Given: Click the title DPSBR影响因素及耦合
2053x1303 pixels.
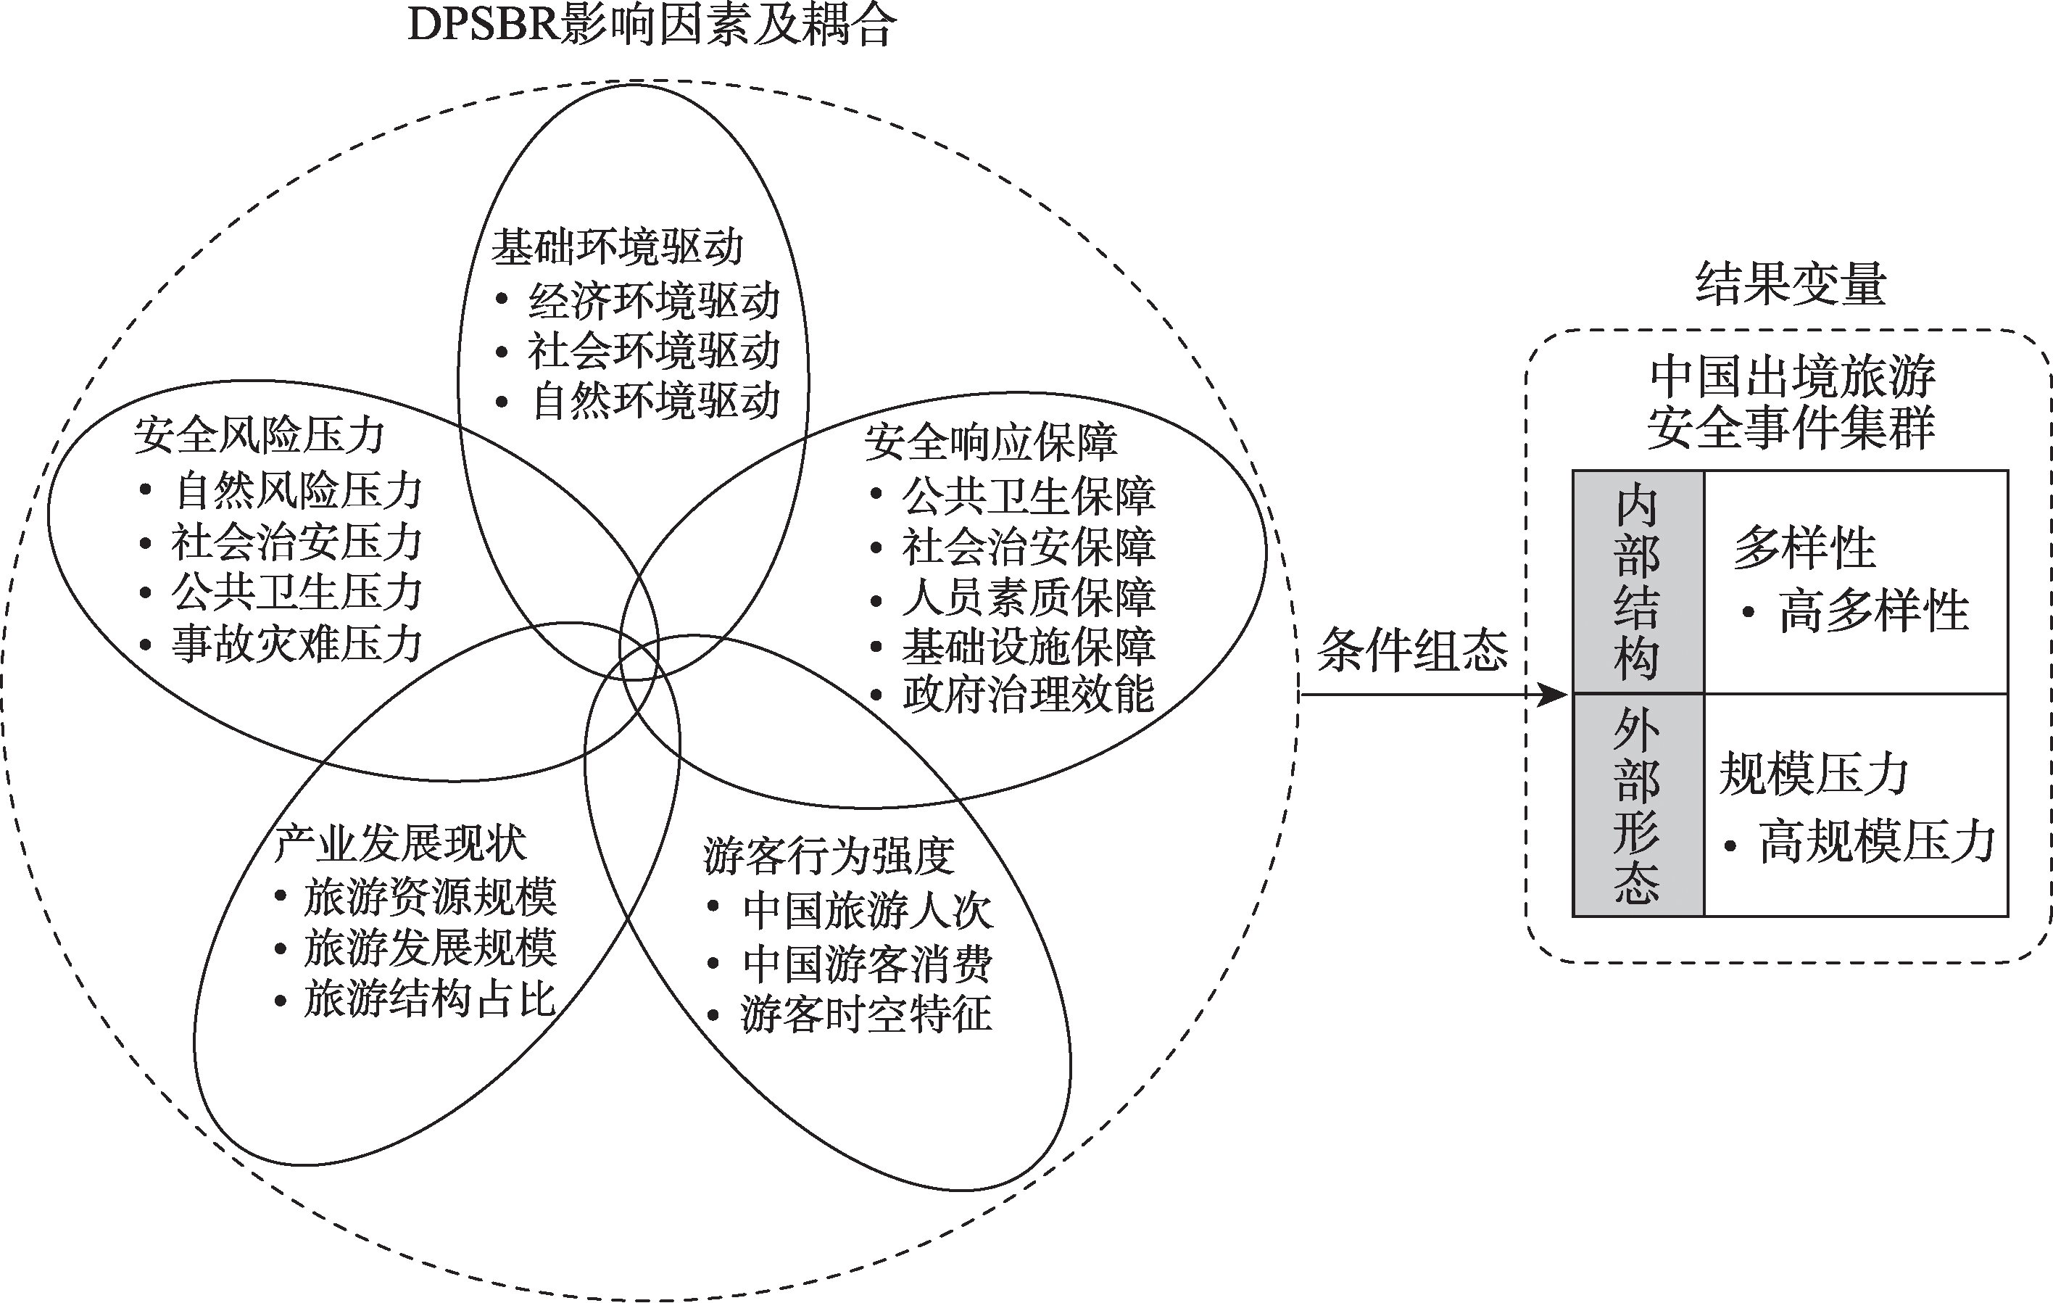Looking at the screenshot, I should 652,25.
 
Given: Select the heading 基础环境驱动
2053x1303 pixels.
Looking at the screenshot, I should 617,247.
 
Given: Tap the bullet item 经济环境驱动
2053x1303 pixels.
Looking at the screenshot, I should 653,300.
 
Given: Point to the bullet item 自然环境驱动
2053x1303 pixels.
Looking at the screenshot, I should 655,402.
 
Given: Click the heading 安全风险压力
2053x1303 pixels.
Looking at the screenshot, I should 260,435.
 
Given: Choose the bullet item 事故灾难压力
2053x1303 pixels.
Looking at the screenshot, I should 296,644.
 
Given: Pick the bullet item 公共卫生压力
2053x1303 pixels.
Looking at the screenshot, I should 296,592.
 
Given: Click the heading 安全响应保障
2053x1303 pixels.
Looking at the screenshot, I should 991,442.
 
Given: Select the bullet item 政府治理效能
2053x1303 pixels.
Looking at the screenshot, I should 1028,695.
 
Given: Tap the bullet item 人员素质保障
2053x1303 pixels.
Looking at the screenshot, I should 1028,597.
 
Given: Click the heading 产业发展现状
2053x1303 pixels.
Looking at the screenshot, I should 401,843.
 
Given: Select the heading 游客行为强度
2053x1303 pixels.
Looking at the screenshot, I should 829,856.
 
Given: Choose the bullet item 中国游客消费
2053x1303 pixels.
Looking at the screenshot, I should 867,964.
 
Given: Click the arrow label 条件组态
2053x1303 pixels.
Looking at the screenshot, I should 1413,650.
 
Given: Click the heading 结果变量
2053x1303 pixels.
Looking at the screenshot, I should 1791,284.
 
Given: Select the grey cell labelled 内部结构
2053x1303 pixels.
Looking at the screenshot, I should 1637,582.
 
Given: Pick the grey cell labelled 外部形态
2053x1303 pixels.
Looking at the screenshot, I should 1637,805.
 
